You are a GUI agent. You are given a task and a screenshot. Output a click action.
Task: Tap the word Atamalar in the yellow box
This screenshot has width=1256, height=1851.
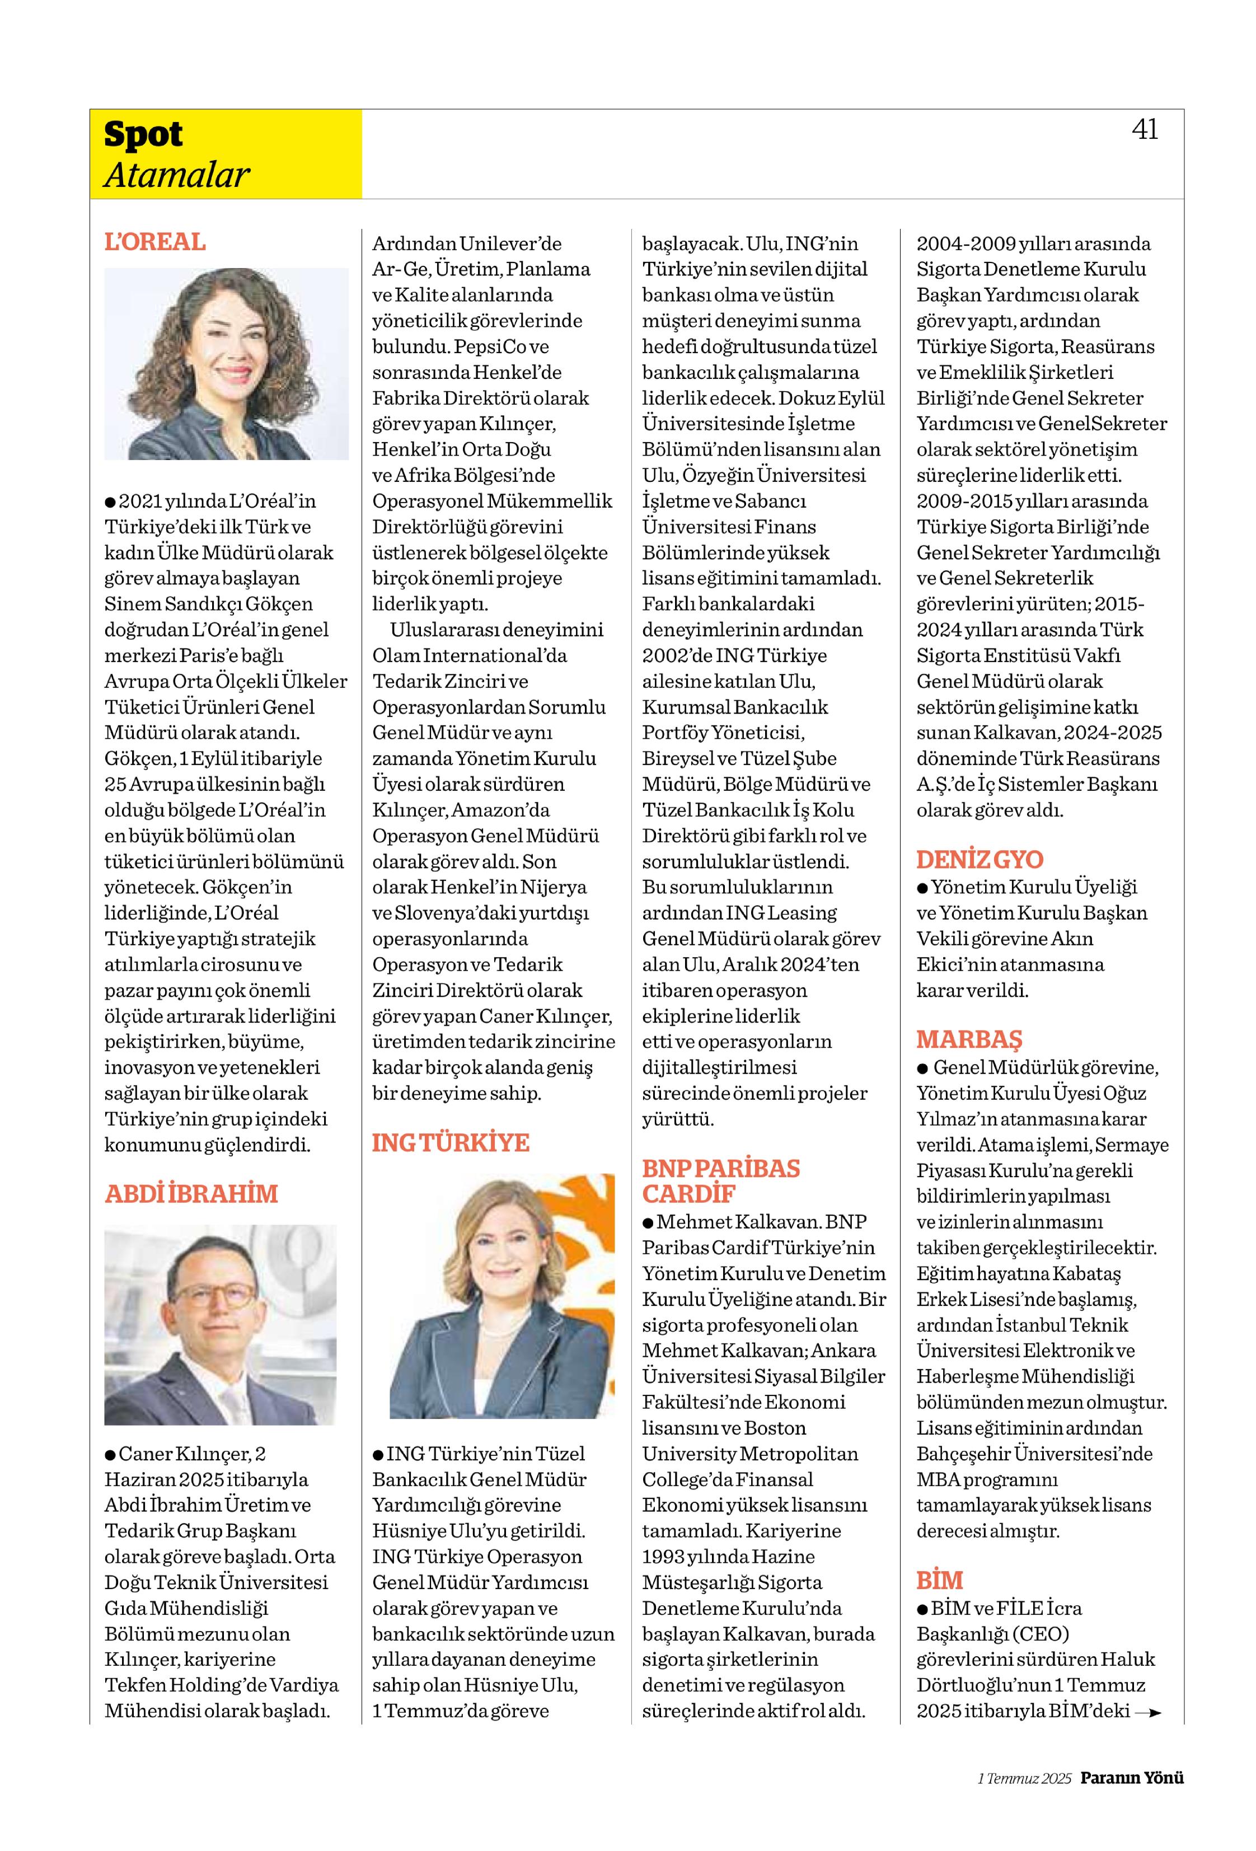(x=177, y=175)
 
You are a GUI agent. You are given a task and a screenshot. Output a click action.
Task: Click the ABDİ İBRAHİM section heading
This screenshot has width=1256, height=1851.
(x=191, y=1193)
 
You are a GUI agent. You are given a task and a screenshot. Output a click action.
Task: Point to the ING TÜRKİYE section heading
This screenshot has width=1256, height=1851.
(x=450, y=1142)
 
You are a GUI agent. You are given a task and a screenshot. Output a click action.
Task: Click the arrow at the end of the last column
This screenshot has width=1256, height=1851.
(x=1147, y=1712)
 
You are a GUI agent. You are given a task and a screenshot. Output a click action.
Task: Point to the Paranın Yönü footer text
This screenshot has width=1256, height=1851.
(x=1131, y=1778)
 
